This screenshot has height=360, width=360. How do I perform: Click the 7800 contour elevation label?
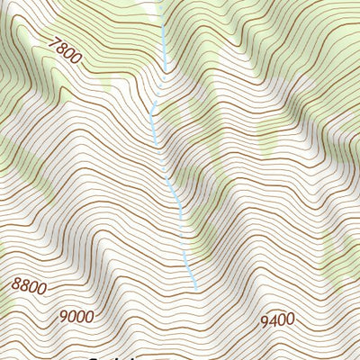[x=62, y=50]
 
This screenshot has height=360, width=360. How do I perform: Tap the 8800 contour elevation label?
[x=29, y=287]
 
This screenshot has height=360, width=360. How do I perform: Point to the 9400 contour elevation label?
[x=278, y=320]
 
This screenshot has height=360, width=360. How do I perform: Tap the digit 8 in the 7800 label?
[x=58, y=48]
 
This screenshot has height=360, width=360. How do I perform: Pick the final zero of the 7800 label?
[x=75, y=59]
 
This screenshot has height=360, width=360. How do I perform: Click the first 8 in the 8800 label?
[x=16, y=283]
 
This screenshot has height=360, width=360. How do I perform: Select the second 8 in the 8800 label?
[x=24, y=286]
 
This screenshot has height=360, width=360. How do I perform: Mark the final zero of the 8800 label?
[x=41, y=291]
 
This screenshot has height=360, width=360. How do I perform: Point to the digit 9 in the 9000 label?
[x=63, y=316]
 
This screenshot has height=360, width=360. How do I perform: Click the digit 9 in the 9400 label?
[x=265, y=321]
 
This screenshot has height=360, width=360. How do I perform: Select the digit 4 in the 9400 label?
[x=274, y=321]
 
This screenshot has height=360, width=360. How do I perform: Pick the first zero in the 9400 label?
[x=283, y=320]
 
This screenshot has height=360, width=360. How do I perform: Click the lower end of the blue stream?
[x=195, y=288]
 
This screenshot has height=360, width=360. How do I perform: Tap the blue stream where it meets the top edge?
[x=163, y=2]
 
